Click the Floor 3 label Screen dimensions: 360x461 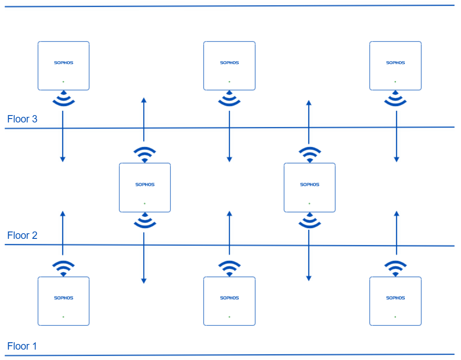click(22, 119)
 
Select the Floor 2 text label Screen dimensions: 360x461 click(22, 235)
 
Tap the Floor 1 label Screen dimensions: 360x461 click(22, 346)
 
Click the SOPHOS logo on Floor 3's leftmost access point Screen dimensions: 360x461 click(64, 63)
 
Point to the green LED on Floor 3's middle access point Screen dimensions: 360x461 click(229, 82)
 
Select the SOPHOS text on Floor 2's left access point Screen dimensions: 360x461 click(145, 185)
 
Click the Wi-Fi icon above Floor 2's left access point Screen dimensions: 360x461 click(144, 154)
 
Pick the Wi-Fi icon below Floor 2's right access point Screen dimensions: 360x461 click(309, 221)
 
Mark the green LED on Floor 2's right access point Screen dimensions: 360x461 click(309, 203)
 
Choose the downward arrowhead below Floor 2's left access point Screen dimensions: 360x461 click(144, 281)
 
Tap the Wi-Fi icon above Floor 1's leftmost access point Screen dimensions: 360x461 click(63, 268)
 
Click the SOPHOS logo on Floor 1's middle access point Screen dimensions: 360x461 click(229, 298)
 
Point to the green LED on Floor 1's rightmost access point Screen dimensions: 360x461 click(395, 317)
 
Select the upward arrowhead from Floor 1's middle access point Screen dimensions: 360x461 click(229, 214)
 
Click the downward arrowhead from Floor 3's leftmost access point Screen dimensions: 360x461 click(63, 159)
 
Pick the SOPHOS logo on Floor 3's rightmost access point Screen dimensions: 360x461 click(395, 63)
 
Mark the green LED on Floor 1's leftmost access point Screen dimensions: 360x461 click(63, 317)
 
